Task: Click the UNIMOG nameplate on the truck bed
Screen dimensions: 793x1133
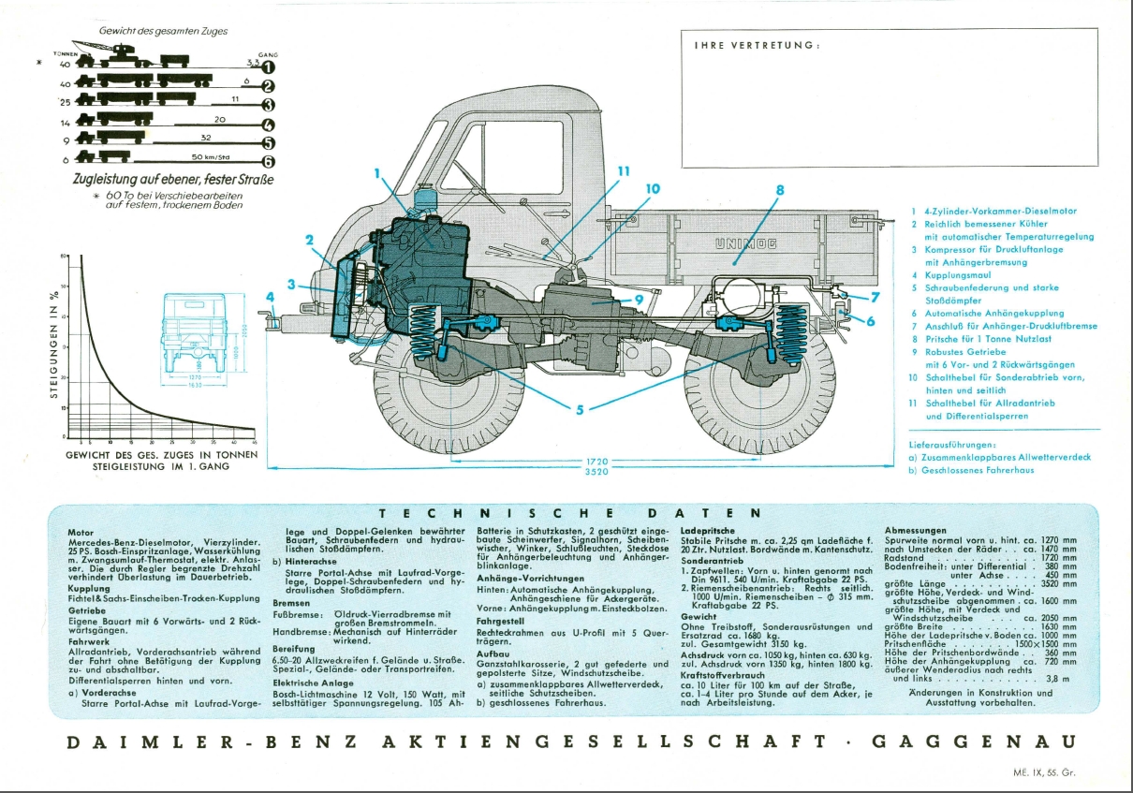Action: click(x=740, y=243)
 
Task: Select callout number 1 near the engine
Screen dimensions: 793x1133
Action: click(x=378, y=173)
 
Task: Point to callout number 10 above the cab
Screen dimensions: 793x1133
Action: click(x=652, y=188)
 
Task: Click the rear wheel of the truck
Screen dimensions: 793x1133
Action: click(x=758, y=393)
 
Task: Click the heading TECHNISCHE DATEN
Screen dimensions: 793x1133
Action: click(x=571, y=513)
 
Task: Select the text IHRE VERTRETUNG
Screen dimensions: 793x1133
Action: click(x=757, y=45)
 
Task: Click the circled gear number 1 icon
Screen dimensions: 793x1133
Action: click(x=268, y=66)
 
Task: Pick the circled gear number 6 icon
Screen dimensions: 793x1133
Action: click(x=268, y=161)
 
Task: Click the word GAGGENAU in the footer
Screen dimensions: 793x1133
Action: click(x=974, y=742)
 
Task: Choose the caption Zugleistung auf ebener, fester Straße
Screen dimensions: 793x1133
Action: click(x=173, y=179)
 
